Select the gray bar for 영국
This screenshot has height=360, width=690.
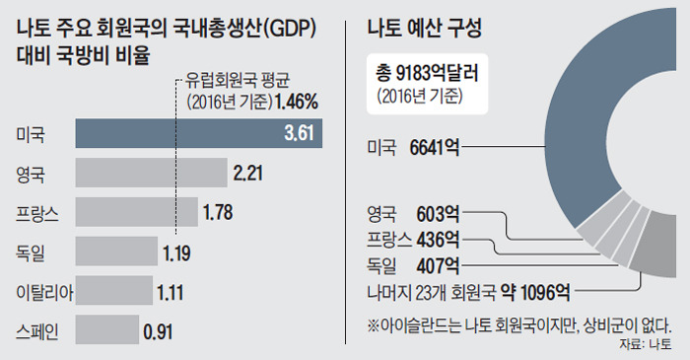pyautogui.click(x=151, y=175)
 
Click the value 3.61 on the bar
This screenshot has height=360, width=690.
pyautogui.click(x=300, y=133)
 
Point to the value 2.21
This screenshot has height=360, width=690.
pyautogui.click(x=251, y=175)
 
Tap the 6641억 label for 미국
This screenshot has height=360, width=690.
pyautogui.click(x=435, y=148)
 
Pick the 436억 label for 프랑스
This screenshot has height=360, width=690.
pyautogui.click(x=440, y=239)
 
